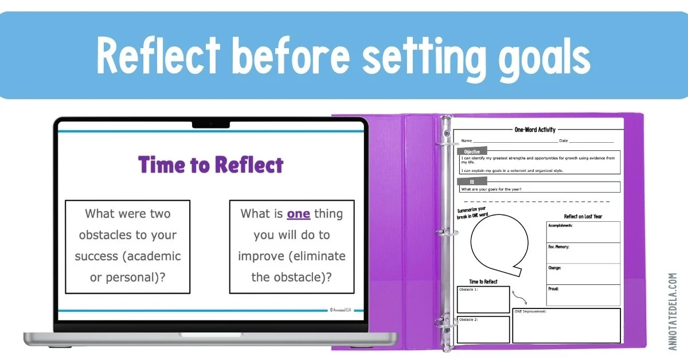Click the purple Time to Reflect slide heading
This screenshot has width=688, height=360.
pos(211,165)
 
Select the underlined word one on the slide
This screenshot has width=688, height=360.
pos(298,214)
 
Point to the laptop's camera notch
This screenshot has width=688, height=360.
pos(211,124)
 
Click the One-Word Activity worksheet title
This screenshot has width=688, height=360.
pos(535,130)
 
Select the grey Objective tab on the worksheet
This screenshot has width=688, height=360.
pos(472,151)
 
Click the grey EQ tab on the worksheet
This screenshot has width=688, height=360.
pos(472,181)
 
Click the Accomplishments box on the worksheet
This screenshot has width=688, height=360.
pos(583,232)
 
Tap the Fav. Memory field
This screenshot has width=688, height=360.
pos(583,253)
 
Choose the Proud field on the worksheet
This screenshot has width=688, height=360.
pos(583,295)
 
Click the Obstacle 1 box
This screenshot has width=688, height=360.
pos(483,299)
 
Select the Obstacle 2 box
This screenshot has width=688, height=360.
pos(483,330)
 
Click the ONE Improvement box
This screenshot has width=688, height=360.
pos(566,326)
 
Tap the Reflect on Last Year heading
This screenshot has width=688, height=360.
pos(583,217)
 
